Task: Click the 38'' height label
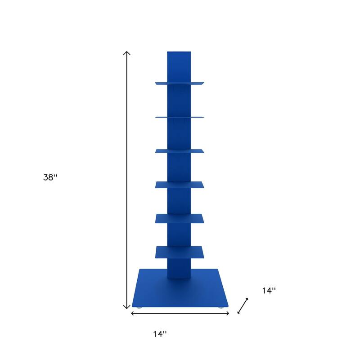(50, 177)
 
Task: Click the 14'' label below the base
(159, 334)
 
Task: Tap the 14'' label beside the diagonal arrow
(269, 291)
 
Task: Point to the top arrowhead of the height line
(127, 53)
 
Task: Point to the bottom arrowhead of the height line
(127, 307)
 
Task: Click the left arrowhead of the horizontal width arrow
(132, 313)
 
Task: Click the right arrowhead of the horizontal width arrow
(228, 313)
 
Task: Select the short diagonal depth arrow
(243, 306)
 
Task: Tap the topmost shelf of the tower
(180, 83)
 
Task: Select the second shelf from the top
(180, 117)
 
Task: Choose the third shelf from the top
(180, 151)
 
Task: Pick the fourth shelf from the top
(180, 184)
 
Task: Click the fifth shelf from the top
(180, 218)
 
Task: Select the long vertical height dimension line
(127, 180)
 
